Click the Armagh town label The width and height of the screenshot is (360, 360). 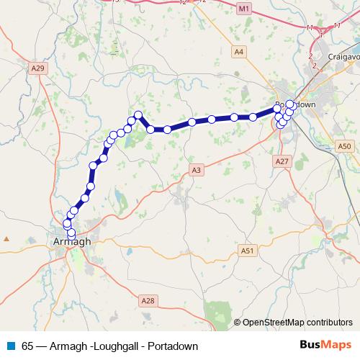[72, 242]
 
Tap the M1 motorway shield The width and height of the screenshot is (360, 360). [244, 8]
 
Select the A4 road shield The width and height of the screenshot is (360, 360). [239, 51]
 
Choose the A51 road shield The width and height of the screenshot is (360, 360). [248, 251]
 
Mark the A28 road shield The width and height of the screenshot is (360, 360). [148, 300]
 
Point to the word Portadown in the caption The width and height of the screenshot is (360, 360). [173, 346]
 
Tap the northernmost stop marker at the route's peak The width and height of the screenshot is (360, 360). [137, 114]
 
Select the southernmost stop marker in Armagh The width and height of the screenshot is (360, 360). [71, 233]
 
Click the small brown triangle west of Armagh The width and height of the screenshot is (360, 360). [6, 238]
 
